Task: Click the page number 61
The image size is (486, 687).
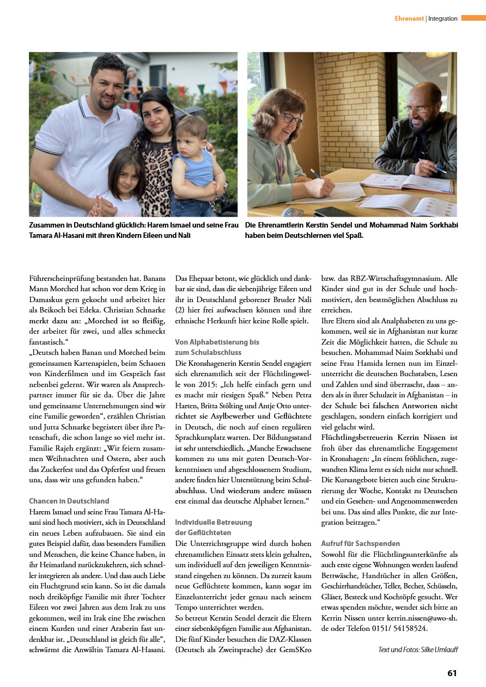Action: [452, 673]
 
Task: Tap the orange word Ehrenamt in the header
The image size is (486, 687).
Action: [409, 19]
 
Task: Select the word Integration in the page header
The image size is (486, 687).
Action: [443, 19]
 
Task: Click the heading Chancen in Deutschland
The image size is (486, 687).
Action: [69, 501]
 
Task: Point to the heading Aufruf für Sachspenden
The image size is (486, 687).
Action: [361, 543]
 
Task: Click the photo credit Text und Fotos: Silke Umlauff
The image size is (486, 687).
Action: [417, 649]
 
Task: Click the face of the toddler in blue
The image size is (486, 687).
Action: [191, 134]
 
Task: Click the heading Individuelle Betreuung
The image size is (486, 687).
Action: [214, 522]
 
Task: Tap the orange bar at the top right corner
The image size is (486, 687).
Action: [473, 18]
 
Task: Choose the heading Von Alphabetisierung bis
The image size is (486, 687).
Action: [217, 342]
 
